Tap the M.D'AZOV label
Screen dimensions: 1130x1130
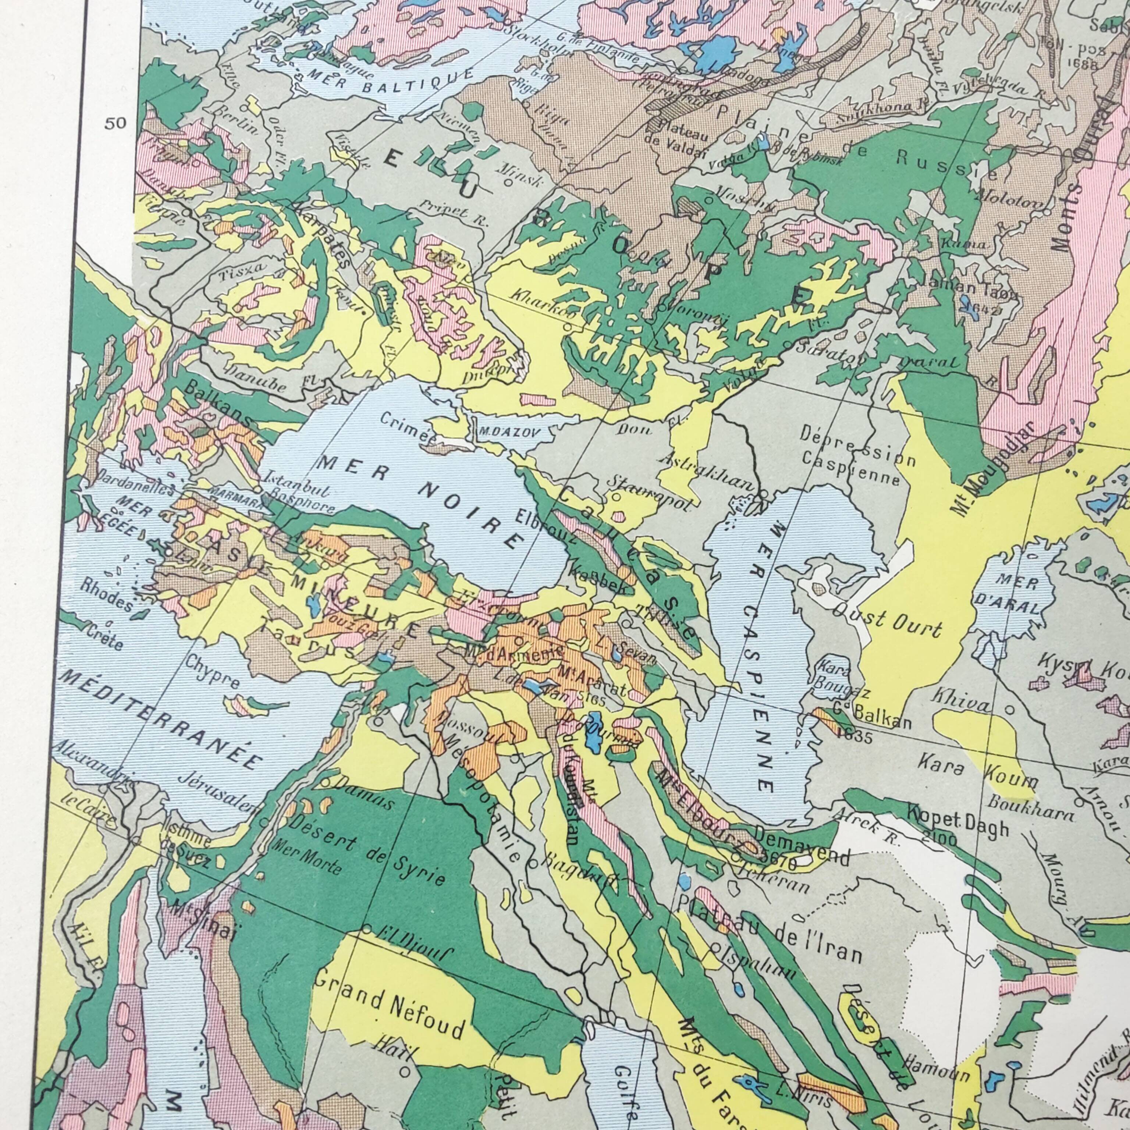[x=507, y=433]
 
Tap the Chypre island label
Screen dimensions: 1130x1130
[x=213, y=671]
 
